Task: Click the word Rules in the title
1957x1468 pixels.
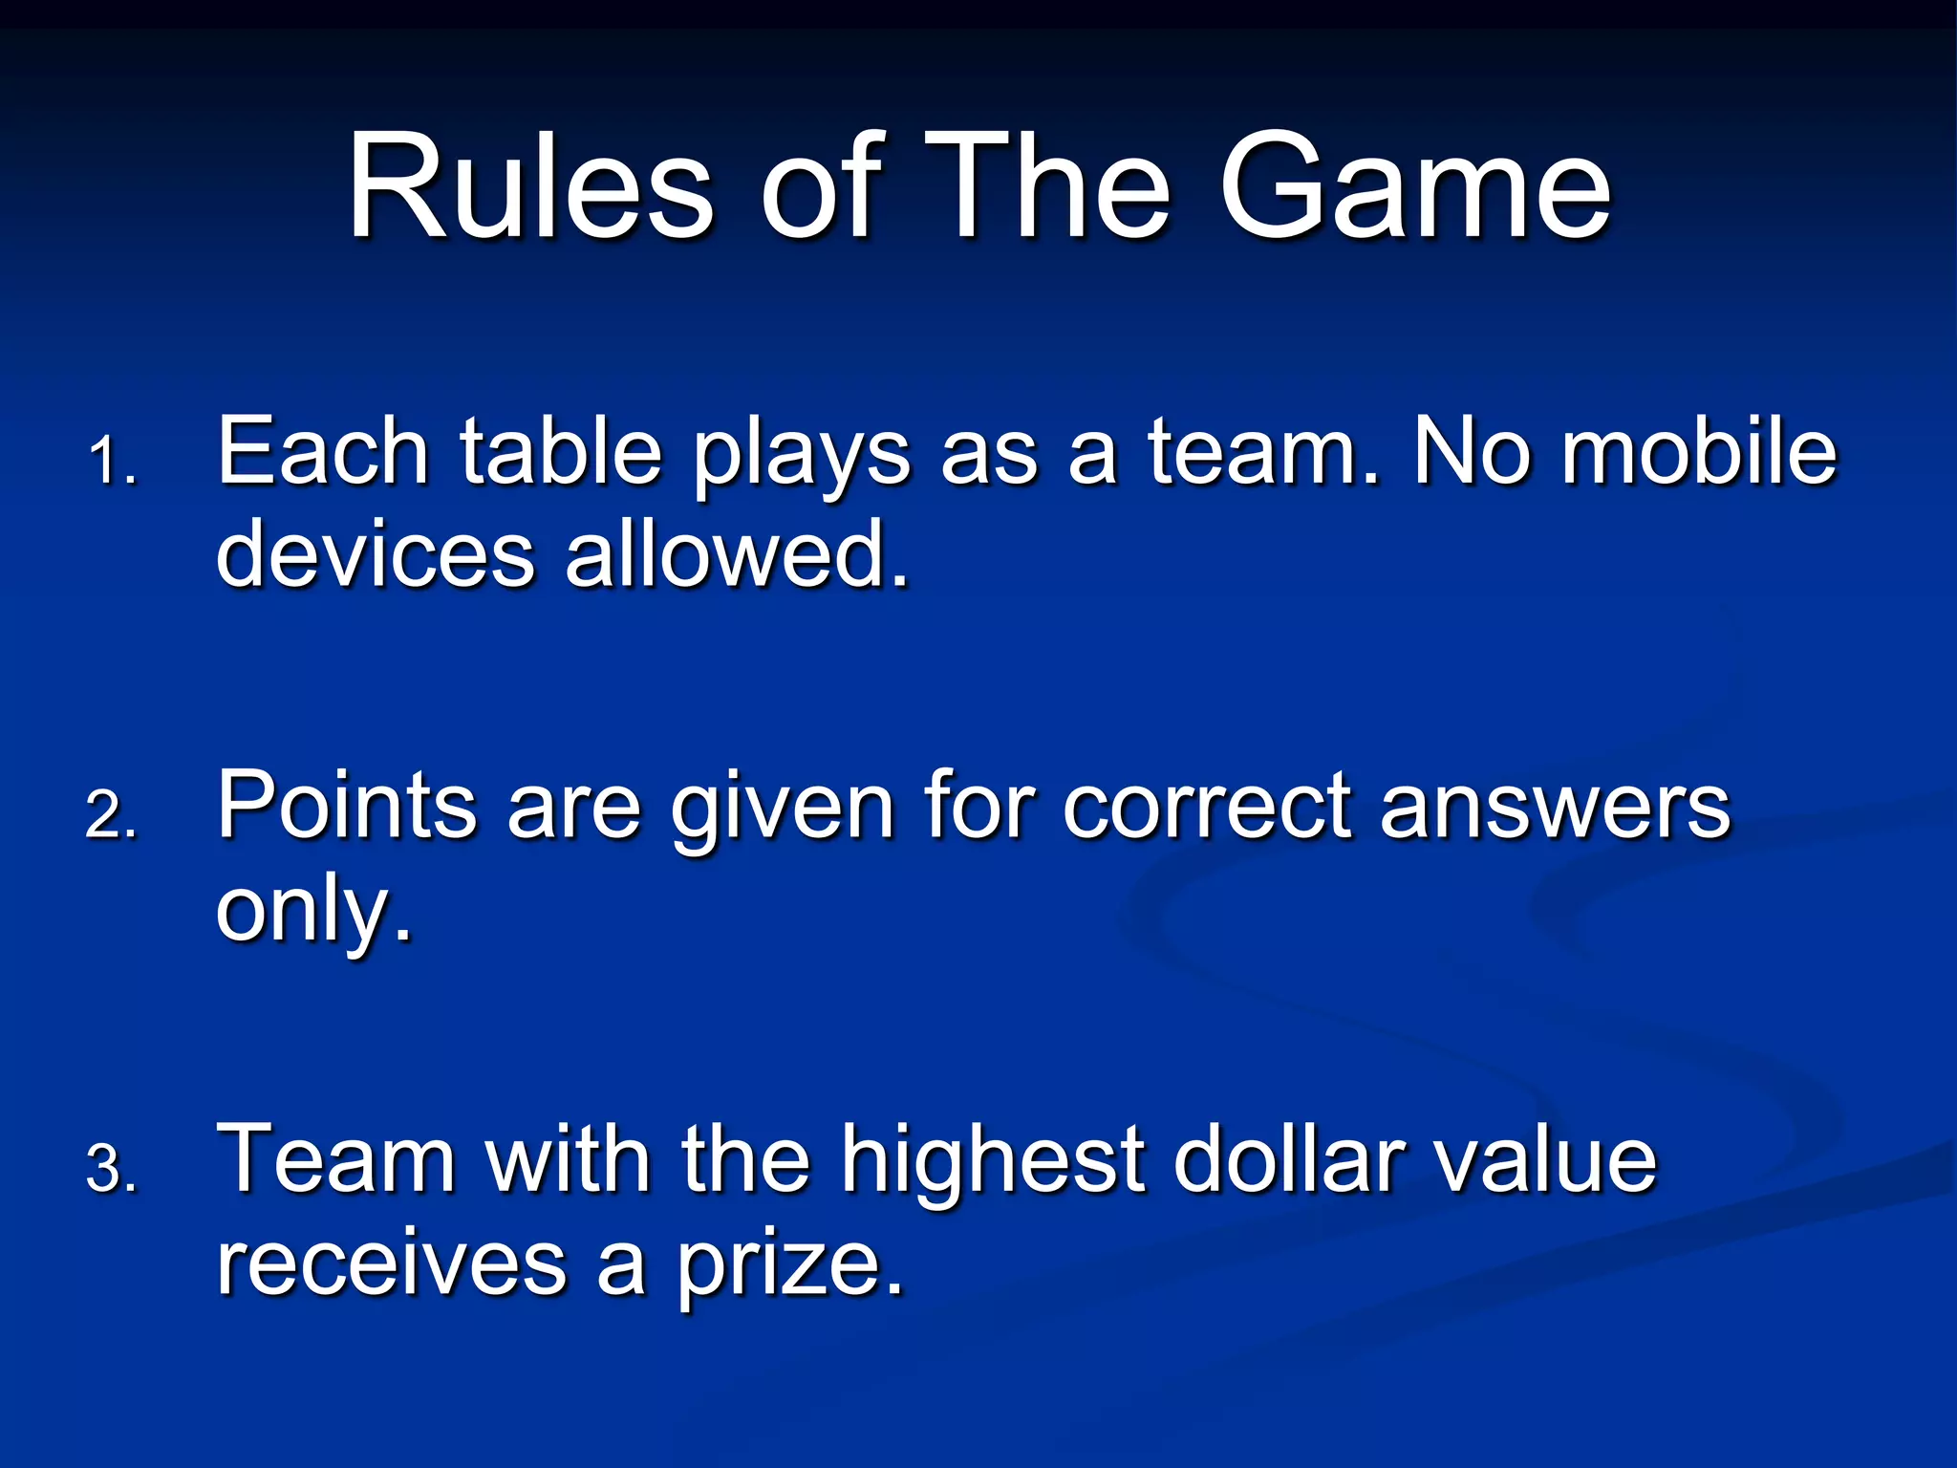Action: click(x=530, y=186)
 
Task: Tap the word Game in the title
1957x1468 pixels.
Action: click(x=1415, y=186)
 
